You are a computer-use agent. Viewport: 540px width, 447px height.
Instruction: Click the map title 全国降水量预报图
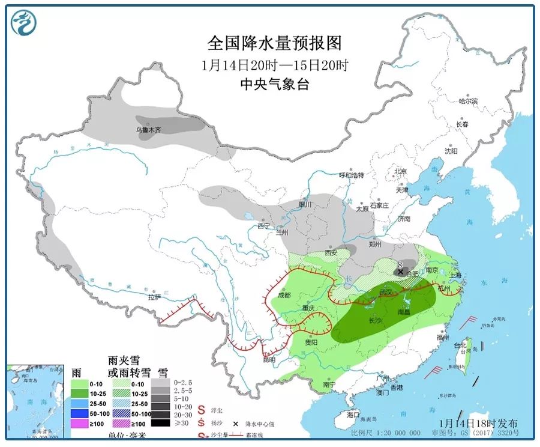274,43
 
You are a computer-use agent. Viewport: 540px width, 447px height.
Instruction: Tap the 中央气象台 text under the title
274,85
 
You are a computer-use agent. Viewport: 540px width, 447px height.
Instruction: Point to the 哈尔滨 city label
468,102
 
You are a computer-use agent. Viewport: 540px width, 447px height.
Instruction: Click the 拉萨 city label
155,297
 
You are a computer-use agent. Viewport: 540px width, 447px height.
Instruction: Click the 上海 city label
457,275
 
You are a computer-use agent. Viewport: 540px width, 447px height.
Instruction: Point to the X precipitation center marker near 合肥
400,272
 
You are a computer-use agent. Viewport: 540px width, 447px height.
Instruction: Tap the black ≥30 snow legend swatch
160,423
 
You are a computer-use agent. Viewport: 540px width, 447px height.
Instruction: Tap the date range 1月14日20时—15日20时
274,65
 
